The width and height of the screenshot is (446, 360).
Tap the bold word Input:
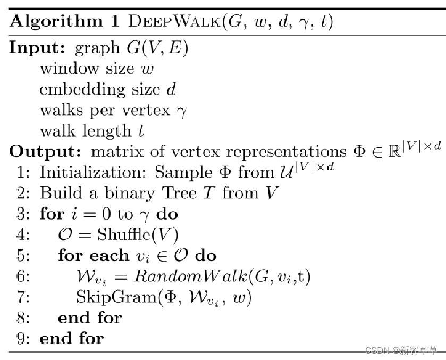pyautogui.click(x=36, y=48)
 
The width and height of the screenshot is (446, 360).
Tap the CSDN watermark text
pyautogui.click(x=401, y=350)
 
